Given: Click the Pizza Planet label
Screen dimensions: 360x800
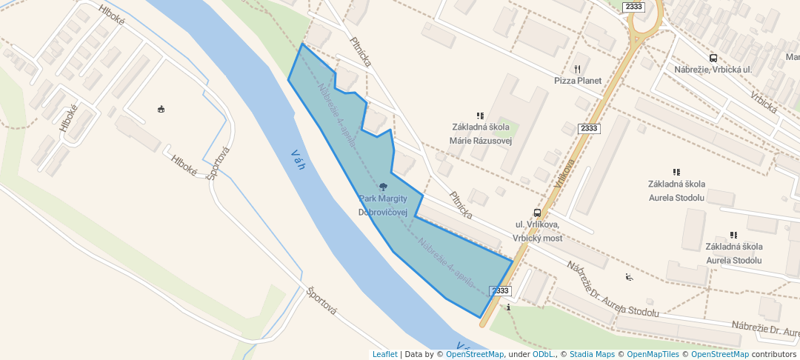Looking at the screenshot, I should (x=577, y=80).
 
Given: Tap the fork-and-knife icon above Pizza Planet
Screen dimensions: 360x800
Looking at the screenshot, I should (x=577, y=69).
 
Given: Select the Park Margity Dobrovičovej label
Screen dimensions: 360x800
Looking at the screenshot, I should (x=383, y=205).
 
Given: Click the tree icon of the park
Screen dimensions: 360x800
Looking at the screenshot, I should (x=383, y=187).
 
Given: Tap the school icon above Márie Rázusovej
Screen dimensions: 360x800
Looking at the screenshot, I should (x=480, y=116).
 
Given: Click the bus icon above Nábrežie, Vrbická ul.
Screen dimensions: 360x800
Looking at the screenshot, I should (x=713, y=58).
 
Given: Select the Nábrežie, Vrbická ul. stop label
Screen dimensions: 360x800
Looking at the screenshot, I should (x=713, y=69).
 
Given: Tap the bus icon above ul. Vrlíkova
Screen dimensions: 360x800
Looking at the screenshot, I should (x=537, y=213).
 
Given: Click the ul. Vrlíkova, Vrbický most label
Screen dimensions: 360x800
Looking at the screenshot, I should (x=537, y=231).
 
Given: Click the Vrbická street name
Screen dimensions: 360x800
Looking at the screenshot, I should (x=764, y=102).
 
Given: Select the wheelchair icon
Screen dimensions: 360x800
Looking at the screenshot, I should (x=629, y=278).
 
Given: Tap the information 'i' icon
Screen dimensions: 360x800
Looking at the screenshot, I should (x=509, y=307).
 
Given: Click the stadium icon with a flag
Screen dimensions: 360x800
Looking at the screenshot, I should (x=161, y=110).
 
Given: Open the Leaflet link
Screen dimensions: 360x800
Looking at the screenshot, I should (x=384, y=354).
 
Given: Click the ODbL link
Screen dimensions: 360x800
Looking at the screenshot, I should (x=543, y=354).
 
